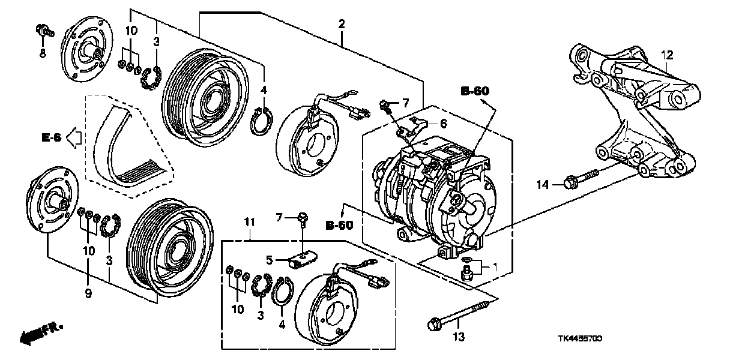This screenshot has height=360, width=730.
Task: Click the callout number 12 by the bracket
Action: click(x=667, y=55)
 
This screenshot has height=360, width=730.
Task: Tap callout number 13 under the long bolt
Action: click(x=459, y=337)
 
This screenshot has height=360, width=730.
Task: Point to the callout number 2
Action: click(x=341, y=25)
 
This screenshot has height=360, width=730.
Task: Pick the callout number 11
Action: click(x=250, y=223)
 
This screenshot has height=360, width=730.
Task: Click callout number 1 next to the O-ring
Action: click(x=496, y=265)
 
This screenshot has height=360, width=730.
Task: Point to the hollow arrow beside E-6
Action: click(x=73, y=138)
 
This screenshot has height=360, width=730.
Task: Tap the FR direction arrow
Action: click(x=40, y=333)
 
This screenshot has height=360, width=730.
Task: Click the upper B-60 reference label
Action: click(x=475, y=91)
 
